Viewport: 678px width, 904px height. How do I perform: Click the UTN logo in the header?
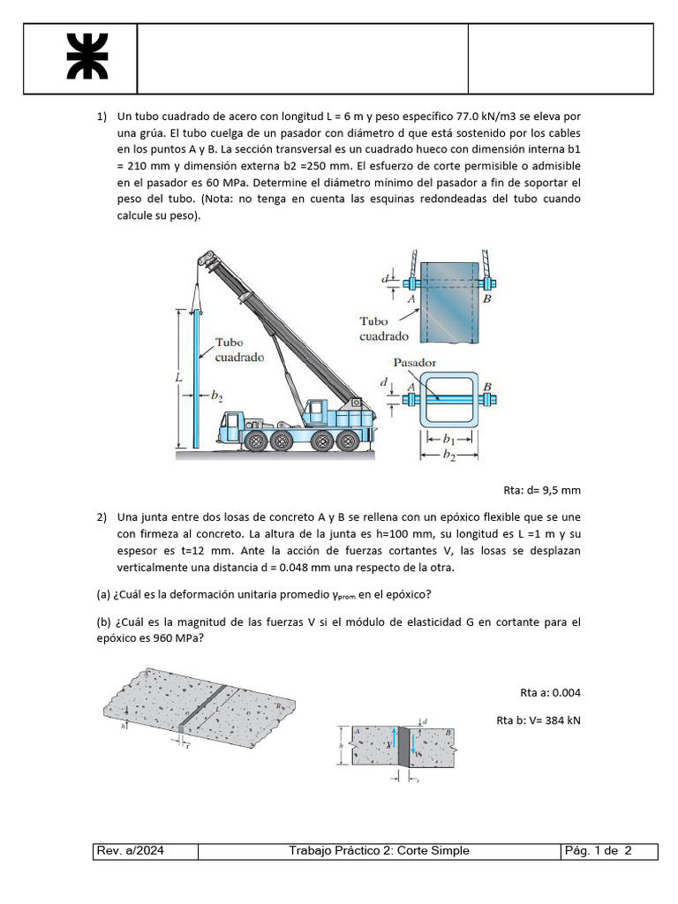click(87, 56)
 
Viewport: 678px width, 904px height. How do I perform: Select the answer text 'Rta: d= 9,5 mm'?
click(542, 491)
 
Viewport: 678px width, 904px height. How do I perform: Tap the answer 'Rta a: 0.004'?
click(550, 693)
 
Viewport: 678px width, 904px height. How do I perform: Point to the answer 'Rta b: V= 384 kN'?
click(539, 720)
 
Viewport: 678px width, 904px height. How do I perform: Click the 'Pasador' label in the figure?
click(415, 363)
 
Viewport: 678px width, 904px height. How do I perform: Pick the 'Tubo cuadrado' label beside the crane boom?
click(239, 350)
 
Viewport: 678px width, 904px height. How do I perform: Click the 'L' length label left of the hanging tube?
click(178, 378)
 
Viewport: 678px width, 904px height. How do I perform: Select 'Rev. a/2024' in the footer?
click(131, 850)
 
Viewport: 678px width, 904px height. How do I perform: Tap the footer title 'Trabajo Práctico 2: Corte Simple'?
click(379, 850)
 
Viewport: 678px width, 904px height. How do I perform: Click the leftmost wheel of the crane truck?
click(255, 441)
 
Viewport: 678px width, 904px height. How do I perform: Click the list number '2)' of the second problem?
click(102, 517)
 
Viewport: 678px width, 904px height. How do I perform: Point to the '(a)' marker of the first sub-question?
click(103, 594)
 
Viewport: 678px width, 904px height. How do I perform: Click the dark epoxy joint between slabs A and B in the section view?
click(403, 747)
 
